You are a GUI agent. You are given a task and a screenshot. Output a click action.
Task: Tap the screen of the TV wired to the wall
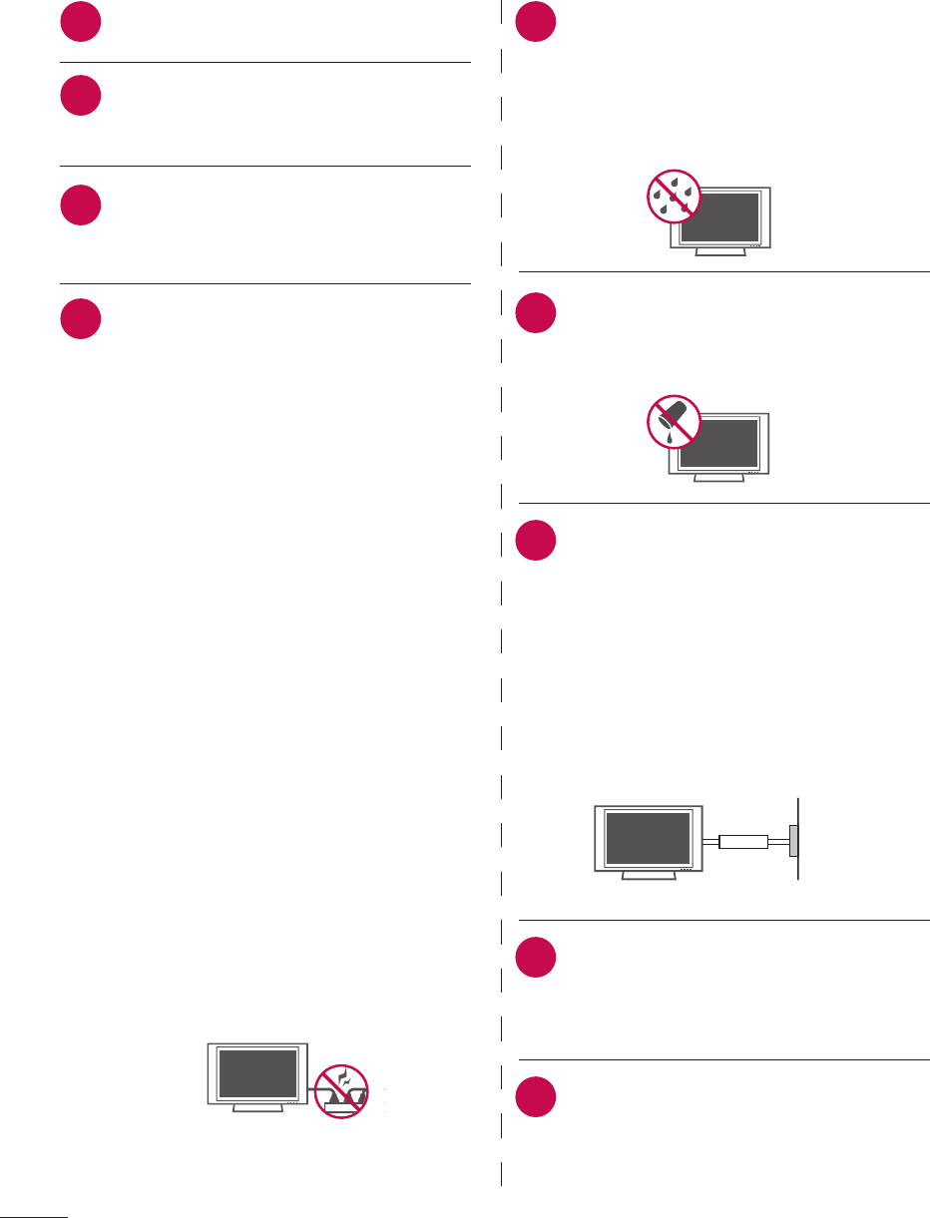tap(649, 838)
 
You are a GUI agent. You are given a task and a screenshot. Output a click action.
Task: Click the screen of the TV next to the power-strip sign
tap(257, 1072)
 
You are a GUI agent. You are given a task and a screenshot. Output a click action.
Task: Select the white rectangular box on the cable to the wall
tap(743, 842)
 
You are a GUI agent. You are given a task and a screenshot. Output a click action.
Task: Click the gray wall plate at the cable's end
tap(793, 840)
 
